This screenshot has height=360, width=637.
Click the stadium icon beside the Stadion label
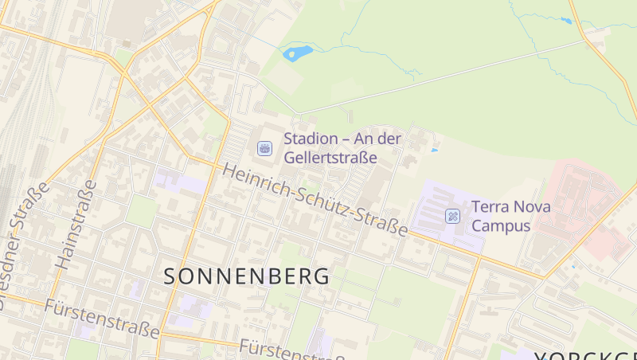tap(264, 148)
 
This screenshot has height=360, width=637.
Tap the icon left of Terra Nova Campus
tap(453, 216)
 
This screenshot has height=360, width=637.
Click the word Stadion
tap(311, 139)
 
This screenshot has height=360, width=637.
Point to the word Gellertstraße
tap(330, 158)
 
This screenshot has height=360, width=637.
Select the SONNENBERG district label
tap(247, 276)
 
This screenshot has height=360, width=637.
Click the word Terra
tap(490, 207)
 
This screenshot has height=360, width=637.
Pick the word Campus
tap(501, 226)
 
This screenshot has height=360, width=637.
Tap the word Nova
tap(530, 207)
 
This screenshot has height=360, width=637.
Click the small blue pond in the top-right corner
tap(566, 21)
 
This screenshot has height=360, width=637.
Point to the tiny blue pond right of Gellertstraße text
tap(434, 150)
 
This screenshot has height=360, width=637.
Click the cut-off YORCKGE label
tap(585, 354)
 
